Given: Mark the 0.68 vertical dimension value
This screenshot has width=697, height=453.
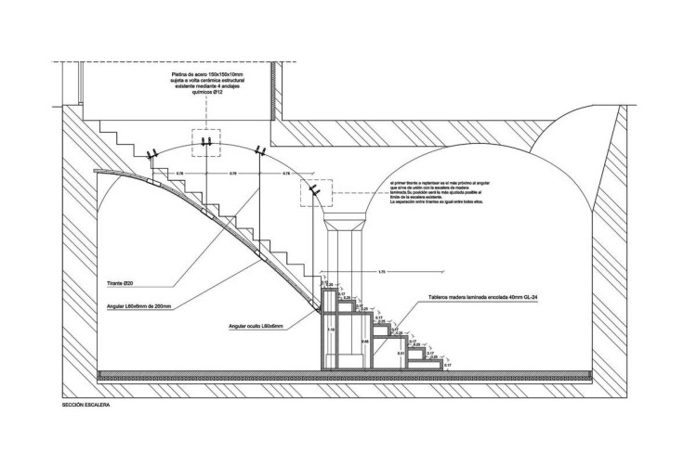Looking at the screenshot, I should (x=365, y=343).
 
